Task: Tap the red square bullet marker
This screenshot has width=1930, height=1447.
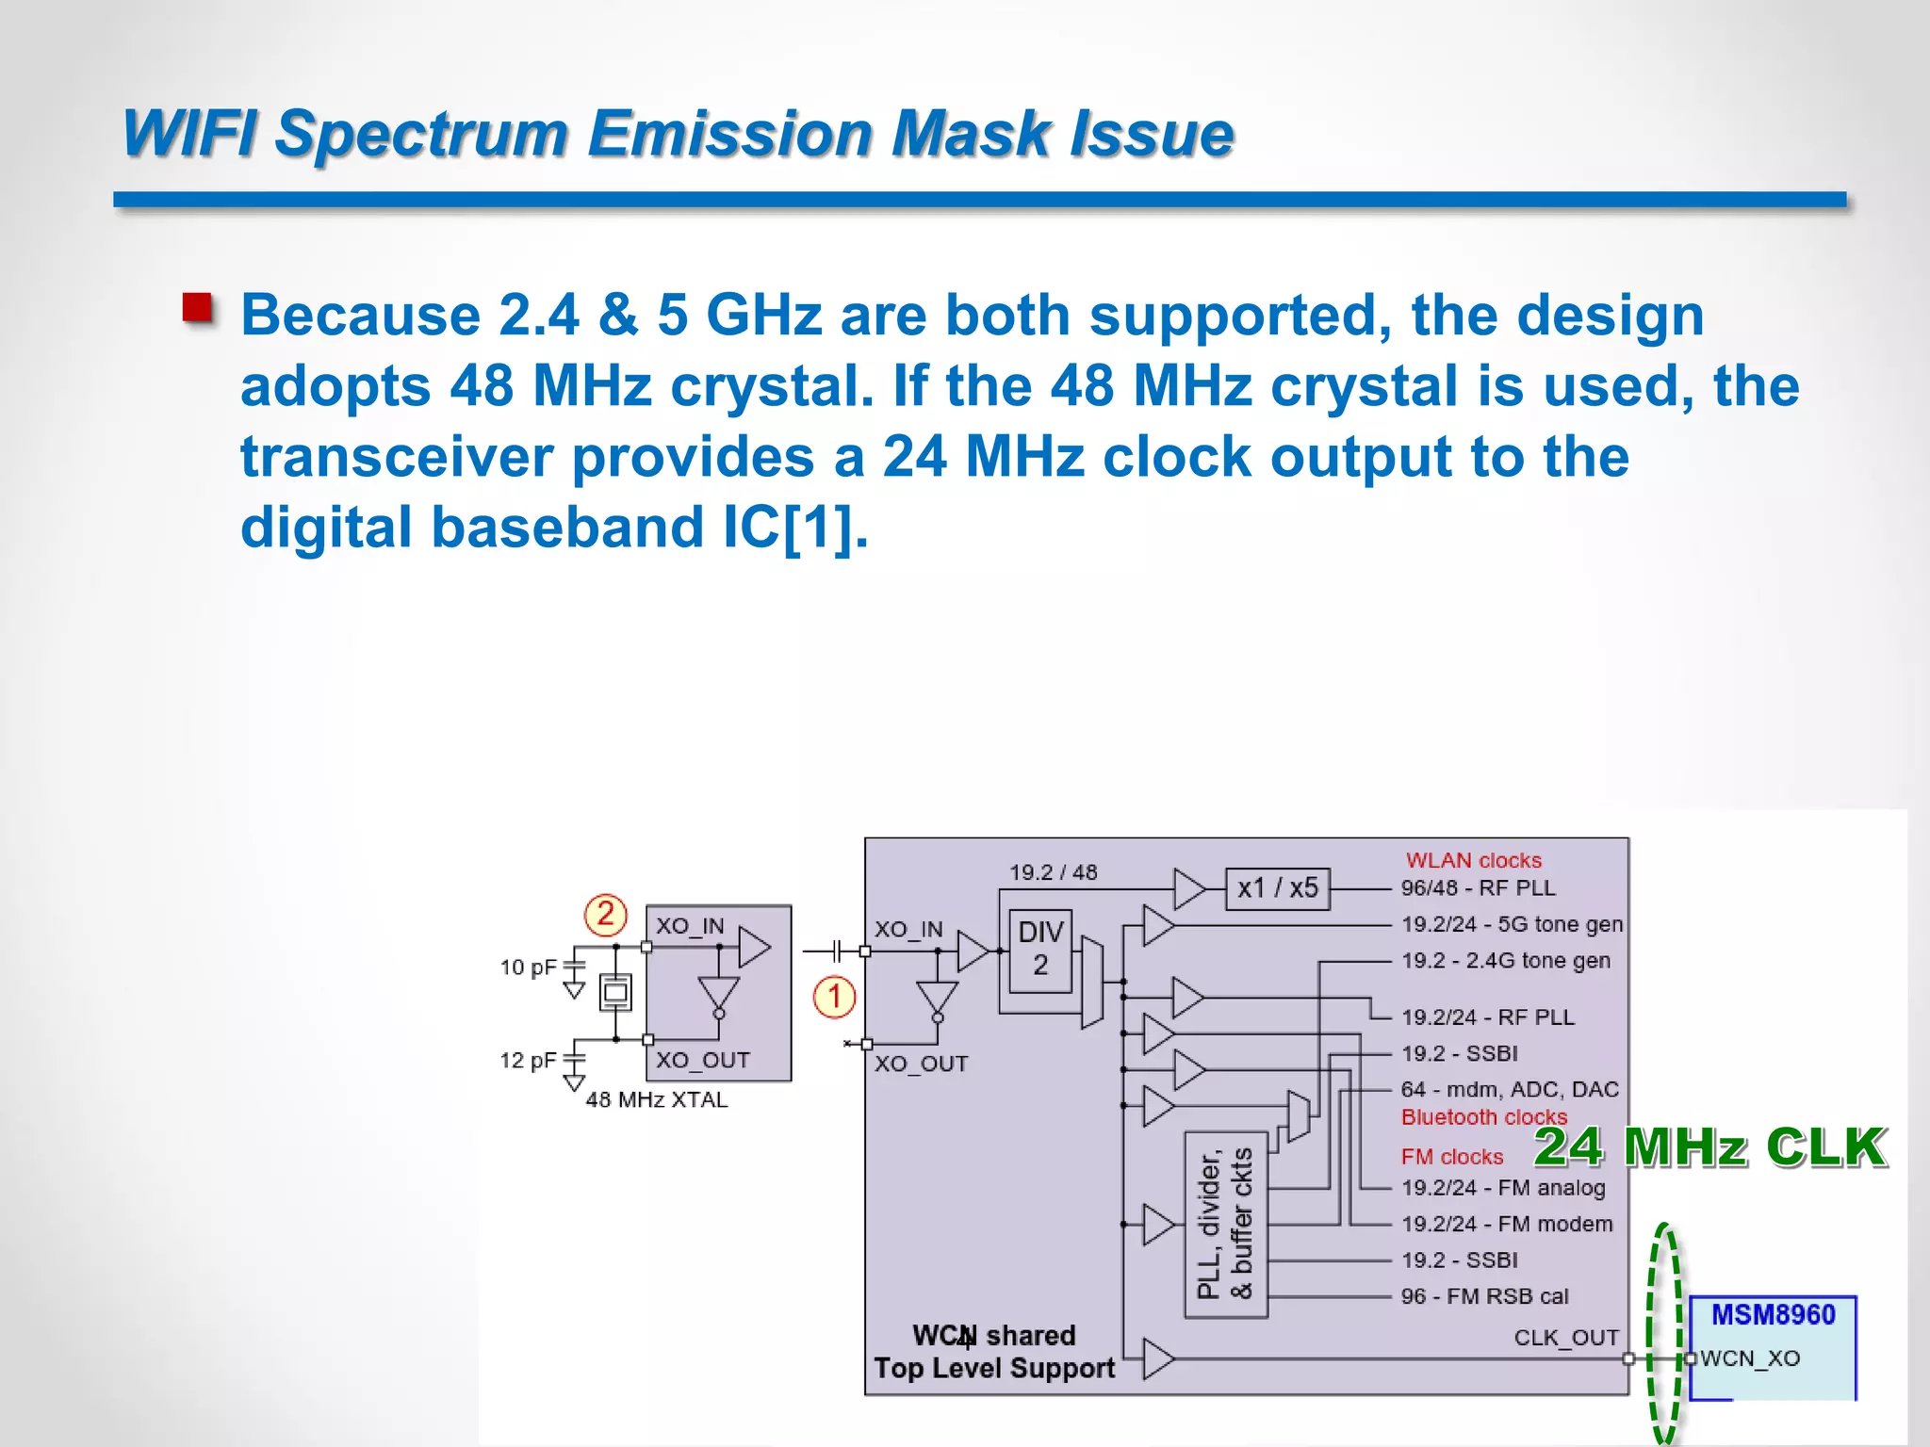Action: (x=197, y=308)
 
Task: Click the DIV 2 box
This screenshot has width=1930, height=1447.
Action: (x=1039, y=950)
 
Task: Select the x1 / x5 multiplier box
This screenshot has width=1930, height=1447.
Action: (x=1277, y=888)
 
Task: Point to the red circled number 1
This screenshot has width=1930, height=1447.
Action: (x=834, y=997)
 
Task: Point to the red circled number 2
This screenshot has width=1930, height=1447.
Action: (x=605, y=914)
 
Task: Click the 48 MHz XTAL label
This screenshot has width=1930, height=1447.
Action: (x=656, y=1099)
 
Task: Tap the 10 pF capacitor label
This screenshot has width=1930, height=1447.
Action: (x=528, y=967)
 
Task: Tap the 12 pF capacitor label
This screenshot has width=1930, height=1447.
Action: (x=528, y=1061)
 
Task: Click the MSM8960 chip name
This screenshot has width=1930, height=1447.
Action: (x=1773, y=1314)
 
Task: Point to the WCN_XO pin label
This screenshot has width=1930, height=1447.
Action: (x=1750, y=1358)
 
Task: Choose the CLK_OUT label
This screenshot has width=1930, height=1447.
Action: (x=1566, y=1338)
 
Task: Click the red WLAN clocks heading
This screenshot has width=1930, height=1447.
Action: (x=1473, y=860)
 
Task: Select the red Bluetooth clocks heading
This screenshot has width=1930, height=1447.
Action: (x=1483, y=1117)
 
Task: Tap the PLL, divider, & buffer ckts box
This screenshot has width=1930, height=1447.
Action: (x=1225, y=1225)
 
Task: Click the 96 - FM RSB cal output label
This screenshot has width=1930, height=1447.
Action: (x=1484, y=1296)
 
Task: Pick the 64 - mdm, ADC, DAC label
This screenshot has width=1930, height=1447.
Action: (x=1509, y=1089)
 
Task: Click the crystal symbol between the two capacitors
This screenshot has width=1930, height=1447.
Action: (x=615, y=992)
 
